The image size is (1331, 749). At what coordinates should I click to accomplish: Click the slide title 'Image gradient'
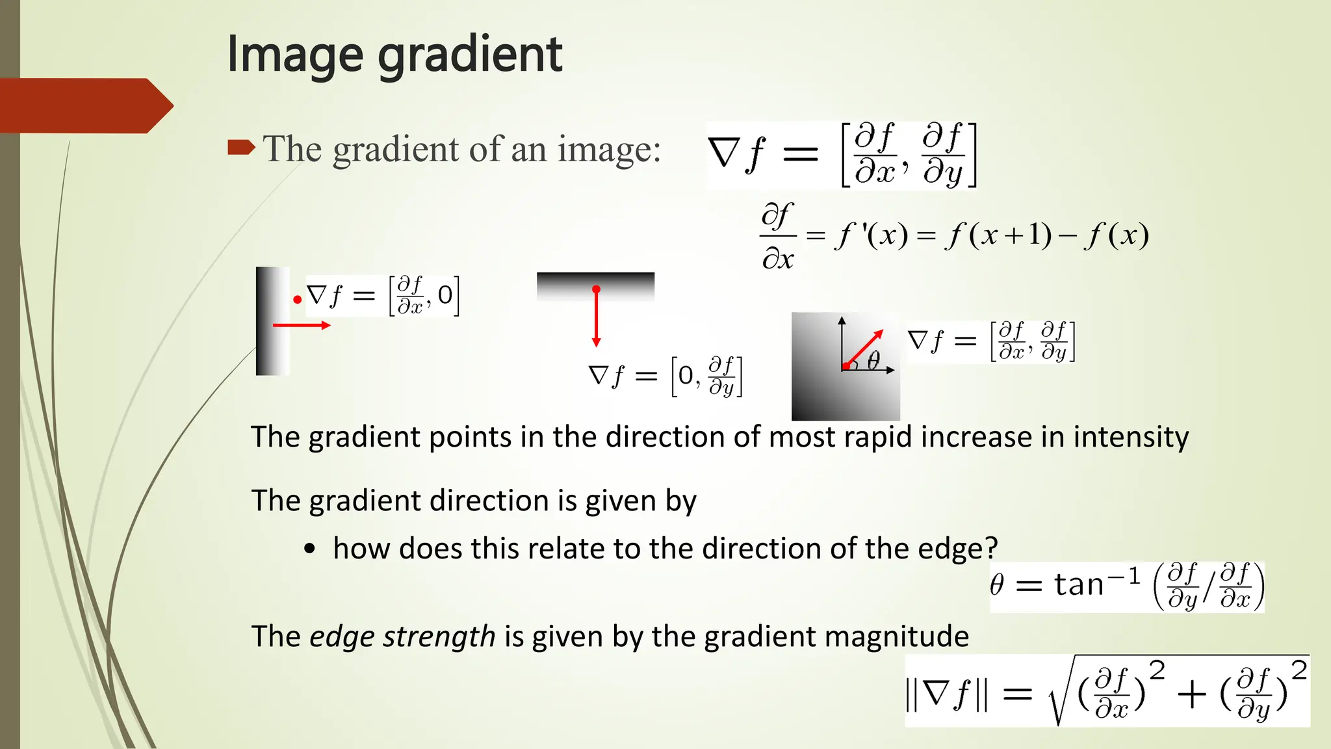click(x=394, y=54)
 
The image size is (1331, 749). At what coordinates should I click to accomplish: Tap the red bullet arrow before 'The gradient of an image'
click(x=241, y=148)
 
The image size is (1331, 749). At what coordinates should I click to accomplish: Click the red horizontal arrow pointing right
click(x=302, y=325)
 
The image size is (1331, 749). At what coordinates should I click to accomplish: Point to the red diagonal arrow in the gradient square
click(x=864, y=348)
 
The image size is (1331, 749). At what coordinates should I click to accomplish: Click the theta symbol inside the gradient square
click(x=873, y=360)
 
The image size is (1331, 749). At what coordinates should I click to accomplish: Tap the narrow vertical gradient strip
click(x=272, y=321)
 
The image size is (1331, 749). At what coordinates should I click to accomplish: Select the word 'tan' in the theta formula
click(x=1079, y=584)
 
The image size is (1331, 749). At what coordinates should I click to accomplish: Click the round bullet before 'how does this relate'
click(x=309, y=549)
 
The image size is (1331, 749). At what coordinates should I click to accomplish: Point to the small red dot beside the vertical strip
click(x=297, y=300)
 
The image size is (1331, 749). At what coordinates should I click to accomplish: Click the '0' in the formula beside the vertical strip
click(x=445, y=296)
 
